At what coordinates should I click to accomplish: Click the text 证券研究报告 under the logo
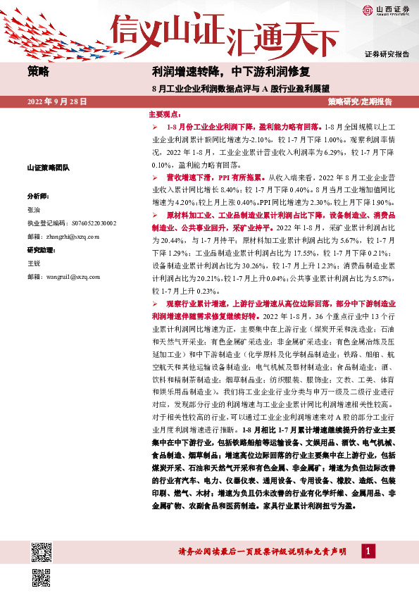pyautogui.click(x=387, y=54)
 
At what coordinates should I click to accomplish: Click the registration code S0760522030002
pyautogui.click(x=73, y=223)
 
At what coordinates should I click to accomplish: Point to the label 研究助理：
pyautogui.click(x=41, y=250)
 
